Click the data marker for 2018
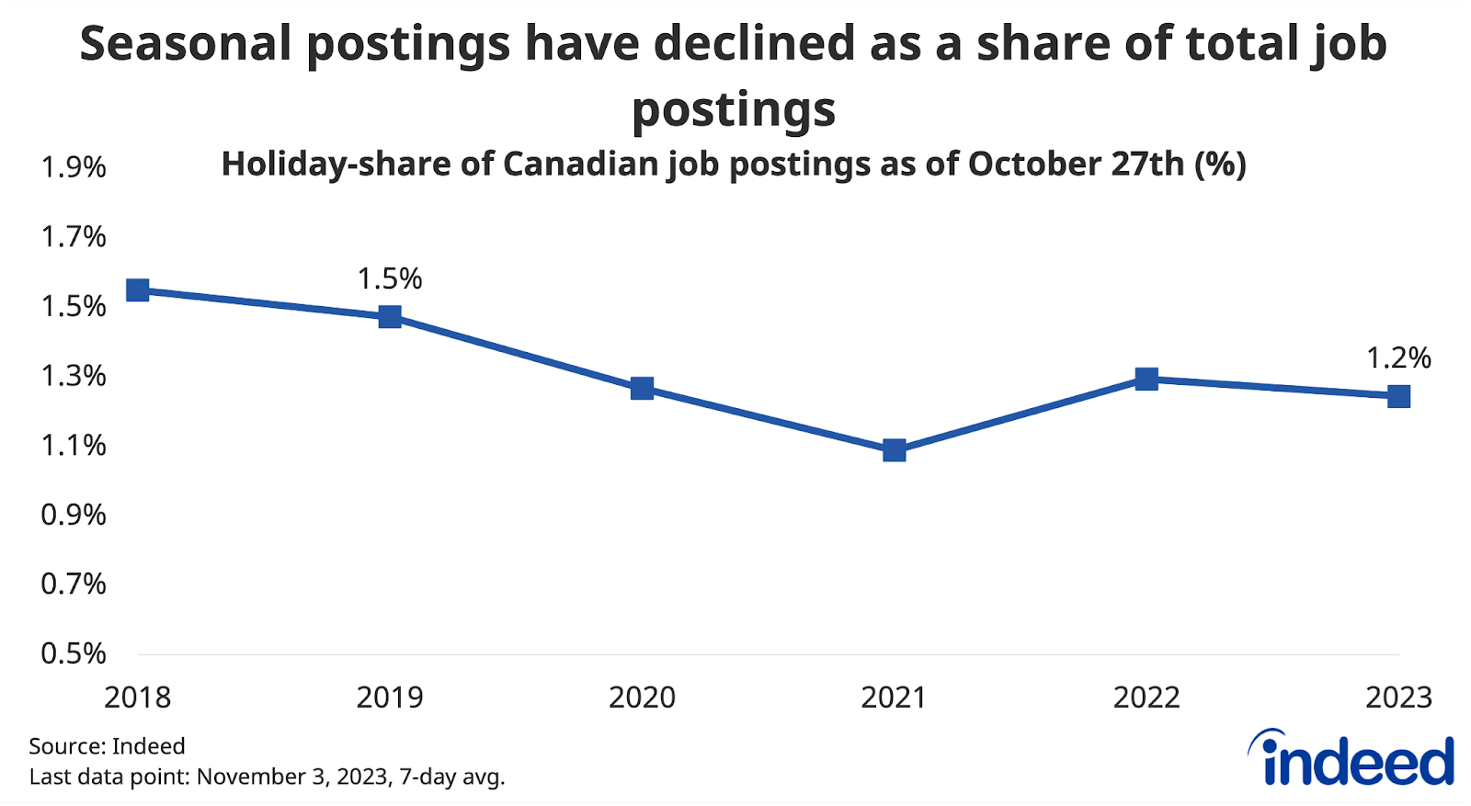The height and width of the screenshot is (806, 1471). click(138, 290)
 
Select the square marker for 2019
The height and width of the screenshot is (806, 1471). click(390, 317)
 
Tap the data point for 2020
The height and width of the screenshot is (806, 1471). click(642, 388)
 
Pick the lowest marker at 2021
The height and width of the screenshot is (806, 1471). click(894, 450)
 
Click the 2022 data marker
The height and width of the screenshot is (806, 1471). click(1146, 379)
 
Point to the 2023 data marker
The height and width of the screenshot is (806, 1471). click(1398, 397)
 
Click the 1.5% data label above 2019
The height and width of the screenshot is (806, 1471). click(390, 278)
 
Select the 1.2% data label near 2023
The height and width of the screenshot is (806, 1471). click(1398, 358)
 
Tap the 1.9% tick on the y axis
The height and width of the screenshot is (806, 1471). click(74, 167)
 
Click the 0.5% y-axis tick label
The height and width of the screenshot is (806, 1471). click(74, 653)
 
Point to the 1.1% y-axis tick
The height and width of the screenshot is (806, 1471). click(74, 446)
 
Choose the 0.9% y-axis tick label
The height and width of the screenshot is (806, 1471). click(74, 515)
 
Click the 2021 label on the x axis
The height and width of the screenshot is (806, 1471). click(894, 698)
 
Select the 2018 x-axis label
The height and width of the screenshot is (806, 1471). click(138, 698)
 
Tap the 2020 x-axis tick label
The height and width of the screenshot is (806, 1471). click(642, 698)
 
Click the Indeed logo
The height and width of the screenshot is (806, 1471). click(1351, 759)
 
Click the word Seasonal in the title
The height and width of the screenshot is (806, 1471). click(185, 44)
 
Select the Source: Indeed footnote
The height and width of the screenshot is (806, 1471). click(107, 745)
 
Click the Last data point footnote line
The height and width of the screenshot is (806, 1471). click(267, 777)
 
